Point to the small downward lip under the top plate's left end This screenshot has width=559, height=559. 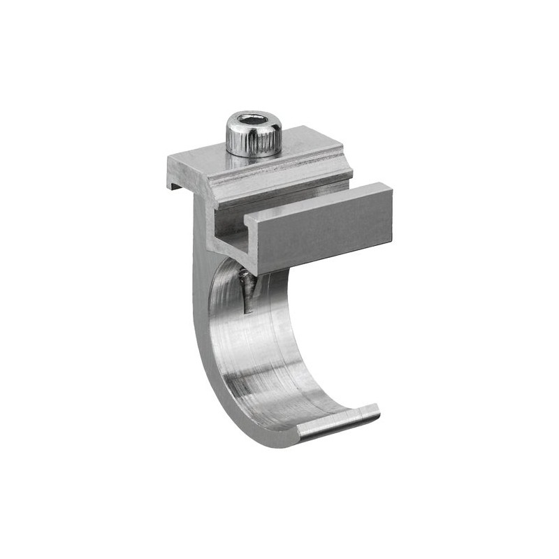tap(173, 184)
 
